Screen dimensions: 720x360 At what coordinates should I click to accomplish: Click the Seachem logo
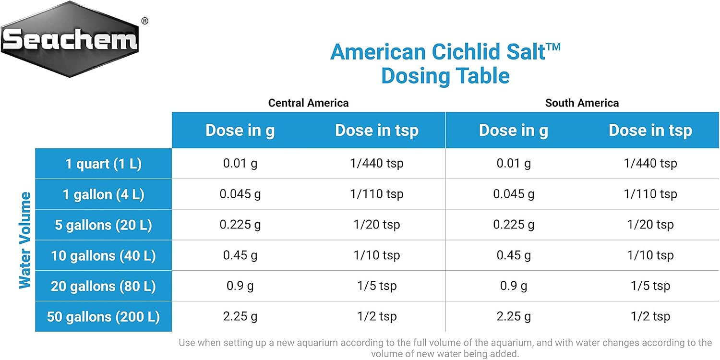70,39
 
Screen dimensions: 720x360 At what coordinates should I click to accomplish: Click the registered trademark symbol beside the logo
145,21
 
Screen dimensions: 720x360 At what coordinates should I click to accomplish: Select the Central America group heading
308,103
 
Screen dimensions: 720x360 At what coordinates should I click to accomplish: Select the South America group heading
582,103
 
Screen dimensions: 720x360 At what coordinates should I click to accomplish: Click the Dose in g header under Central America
240,131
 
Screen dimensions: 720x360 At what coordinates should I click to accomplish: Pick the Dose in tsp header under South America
650,131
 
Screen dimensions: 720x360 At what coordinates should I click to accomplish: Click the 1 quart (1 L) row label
104,164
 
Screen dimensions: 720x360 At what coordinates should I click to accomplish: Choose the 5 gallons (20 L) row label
104,225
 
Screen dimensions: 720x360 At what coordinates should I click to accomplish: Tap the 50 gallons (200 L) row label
104,317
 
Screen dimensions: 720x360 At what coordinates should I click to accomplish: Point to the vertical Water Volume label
25,240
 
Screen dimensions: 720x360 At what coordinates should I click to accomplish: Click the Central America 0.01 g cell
240,163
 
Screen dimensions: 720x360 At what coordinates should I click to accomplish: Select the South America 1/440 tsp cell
650,163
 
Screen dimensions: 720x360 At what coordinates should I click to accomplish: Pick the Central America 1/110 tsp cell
377,194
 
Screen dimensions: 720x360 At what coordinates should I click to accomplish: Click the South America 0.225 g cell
514,225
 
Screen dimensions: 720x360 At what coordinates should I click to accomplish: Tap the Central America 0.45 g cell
240,255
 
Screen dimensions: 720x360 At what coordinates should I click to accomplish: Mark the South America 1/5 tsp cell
650,286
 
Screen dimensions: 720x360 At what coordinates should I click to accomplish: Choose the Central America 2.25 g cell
240,316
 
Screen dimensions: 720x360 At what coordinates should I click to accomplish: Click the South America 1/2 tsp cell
650,316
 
